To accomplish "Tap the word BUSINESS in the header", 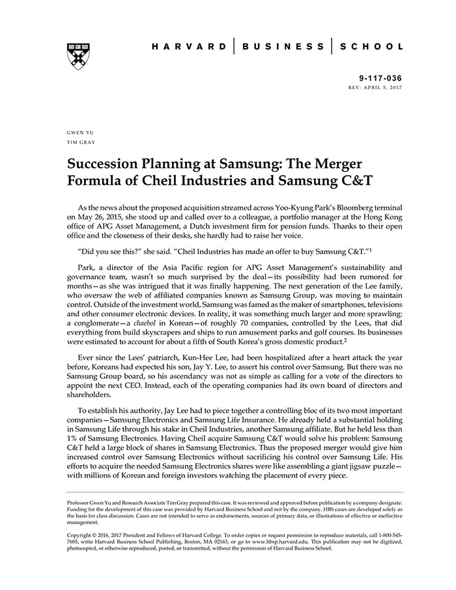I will (x=283, y=47).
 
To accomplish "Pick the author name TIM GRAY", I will (x=80, y=141).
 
